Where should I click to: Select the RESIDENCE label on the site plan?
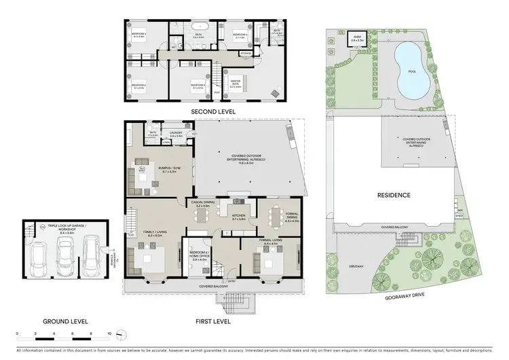pyautogui.click(x=394, y=195)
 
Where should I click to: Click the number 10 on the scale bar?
pyautogui.click(x=110, y=334)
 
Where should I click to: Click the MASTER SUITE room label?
pyautogui.click(x=236, y=84)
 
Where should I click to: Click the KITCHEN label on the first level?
pyautogui.click(x=238, y=217)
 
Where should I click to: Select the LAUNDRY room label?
pyautogui.click(x=177, y=134)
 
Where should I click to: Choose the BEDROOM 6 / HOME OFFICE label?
pyautogui.click(x=199, y=257)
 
